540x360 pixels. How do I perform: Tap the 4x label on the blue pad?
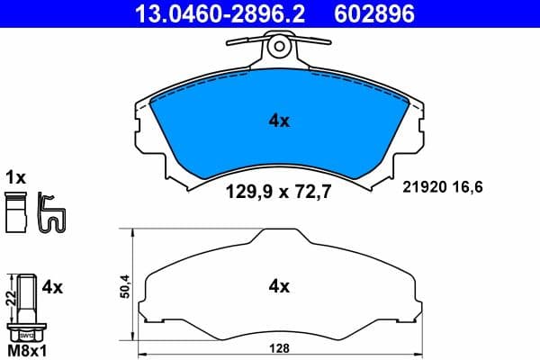(x=279, y=119)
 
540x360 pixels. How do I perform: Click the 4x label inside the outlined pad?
(x=279, y=287)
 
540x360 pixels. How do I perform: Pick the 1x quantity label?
(x=15, y=176)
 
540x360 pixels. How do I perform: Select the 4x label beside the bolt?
(x=52, y=287)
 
